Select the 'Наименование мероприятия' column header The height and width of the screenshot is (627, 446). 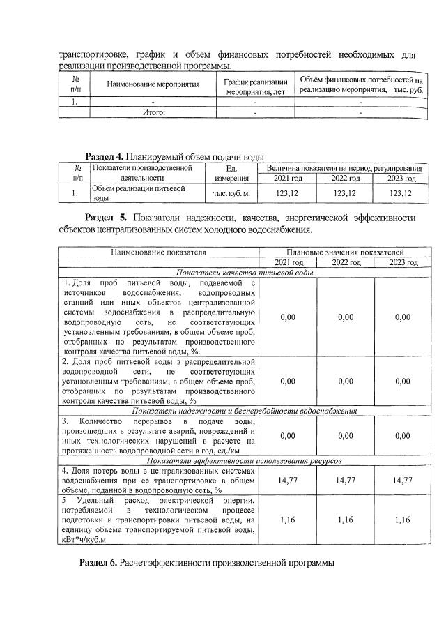click(153, 84)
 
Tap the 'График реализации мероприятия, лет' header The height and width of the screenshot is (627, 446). click(254, 84)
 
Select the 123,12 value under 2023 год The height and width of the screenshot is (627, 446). click(401, 193)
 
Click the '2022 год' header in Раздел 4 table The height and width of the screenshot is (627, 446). click(345, 179)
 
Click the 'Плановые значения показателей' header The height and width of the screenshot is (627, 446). click(345, 252)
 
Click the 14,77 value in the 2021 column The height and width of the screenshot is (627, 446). click(287, 480)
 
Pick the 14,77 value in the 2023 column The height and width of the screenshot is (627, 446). click(402, 480)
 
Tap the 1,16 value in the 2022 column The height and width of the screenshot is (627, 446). click(345, 520)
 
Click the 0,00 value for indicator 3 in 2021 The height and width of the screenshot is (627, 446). click(287, 435)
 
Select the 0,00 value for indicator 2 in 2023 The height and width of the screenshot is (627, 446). click(402, 382)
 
